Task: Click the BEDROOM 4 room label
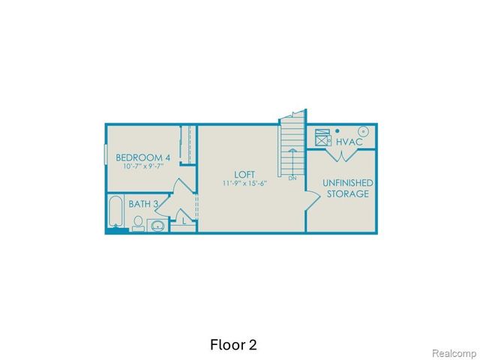click(142, 157)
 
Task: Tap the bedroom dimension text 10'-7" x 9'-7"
click(142, 167)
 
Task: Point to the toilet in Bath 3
click(139, 223)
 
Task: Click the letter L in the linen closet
click(184, 221)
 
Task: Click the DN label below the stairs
click(292, 178)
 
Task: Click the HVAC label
click(349, 141)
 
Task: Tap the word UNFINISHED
click(349, 183)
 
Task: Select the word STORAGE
click(348, 194)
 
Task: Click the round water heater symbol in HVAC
click(364, 129)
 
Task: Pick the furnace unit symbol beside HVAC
click(323, 139)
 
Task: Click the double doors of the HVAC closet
click(342, 156)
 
